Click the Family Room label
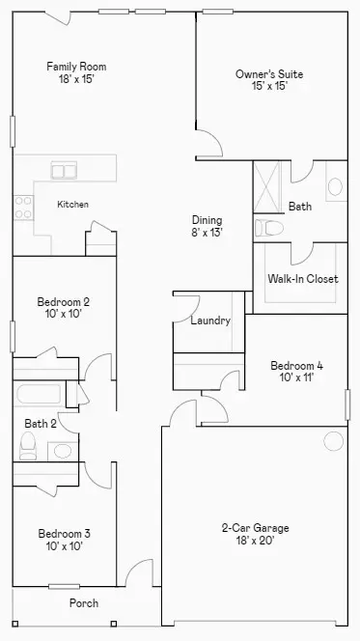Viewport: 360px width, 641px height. (76, 72)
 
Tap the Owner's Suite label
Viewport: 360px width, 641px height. (262, 79)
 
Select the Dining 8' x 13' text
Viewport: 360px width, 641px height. (208, 226)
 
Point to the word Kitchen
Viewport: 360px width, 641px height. (72, 205)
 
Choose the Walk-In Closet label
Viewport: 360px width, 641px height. (302, 279)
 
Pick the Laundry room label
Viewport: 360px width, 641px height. (210, 320)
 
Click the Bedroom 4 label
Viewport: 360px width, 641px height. (296, 371)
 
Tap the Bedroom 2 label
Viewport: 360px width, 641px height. (64, 307)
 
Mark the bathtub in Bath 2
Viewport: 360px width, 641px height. (39, 394)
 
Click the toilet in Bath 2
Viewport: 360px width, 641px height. (28, 445)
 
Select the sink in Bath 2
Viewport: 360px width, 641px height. (63, 449)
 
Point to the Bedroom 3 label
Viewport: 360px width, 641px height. (65, 539)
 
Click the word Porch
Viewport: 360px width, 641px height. (83, 603)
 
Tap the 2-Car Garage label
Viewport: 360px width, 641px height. (255, 534)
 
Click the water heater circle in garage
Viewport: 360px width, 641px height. (333, 441)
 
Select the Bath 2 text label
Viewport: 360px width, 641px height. (41, 423)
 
